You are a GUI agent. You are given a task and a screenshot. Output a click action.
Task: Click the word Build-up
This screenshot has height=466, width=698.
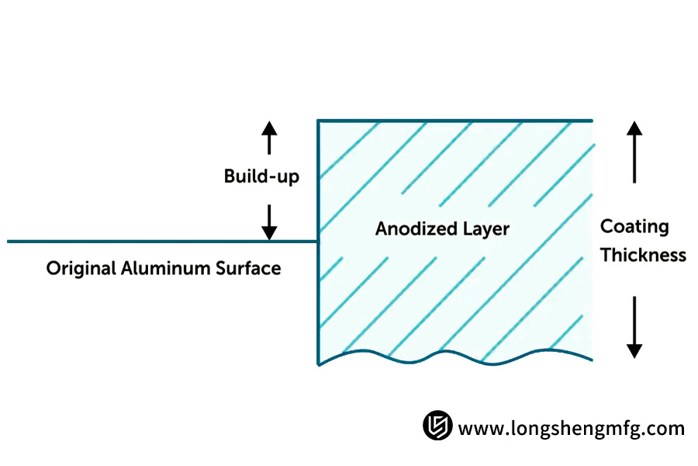[261, 177]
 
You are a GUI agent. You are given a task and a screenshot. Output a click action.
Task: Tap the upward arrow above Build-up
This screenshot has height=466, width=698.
[268, 138]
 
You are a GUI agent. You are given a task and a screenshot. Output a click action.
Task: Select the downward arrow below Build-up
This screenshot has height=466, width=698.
[268, 222]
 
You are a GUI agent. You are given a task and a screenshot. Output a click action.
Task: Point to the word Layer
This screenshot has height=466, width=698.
[485, 229]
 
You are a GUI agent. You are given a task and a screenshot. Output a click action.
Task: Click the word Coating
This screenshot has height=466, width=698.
[634, 227]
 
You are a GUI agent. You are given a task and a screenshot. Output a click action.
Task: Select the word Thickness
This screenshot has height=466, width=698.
[643, 255]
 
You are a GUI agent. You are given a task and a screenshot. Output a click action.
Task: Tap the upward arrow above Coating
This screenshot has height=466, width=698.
[634, 152]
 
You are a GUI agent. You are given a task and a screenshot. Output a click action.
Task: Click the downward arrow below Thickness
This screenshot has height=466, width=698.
[634, 326]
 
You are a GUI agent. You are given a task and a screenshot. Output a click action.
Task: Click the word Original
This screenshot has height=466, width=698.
[81, 269]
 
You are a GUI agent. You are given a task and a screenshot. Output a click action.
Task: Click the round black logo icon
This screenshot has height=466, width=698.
[437, 426]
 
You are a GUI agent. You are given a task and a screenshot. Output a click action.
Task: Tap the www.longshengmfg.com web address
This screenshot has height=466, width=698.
[572, 428]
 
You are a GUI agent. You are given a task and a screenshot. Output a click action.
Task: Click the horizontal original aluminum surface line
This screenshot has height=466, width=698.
[155, 242]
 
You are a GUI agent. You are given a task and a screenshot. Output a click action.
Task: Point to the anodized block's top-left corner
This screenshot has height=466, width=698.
[319, 120]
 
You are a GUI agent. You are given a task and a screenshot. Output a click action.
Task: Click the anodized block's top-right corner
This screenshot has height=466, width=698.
[593, 120]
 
